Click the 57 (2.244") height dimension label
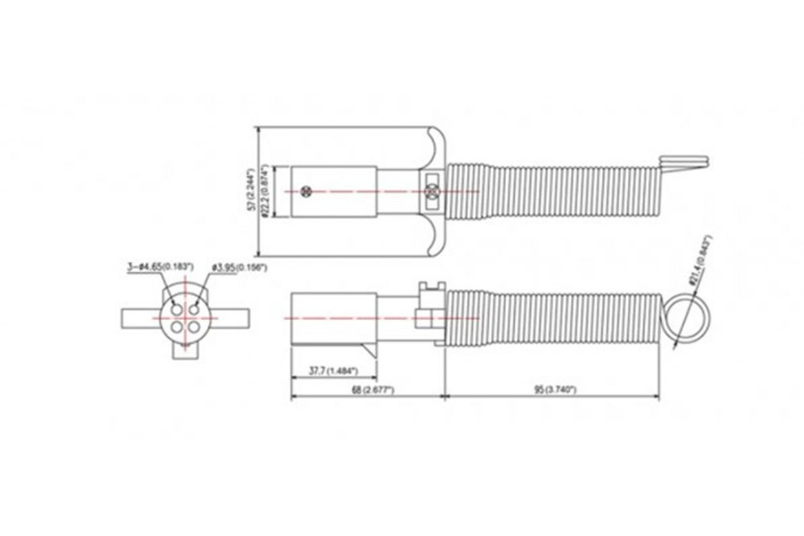coord(252,189)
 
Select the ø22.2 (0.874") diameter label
coord(266,191)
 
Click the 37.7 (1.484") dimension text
coord(326,370)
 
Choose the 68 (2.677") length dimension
coord(368,390)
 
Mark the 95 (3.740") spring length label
coord(552,390)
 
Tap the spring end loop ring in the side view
coord(685,318)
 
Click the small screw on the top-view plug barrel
coord(308,191)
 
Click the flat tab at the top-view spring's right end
coord(686,160)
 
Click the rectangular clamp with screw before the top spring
coord(431,190)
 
